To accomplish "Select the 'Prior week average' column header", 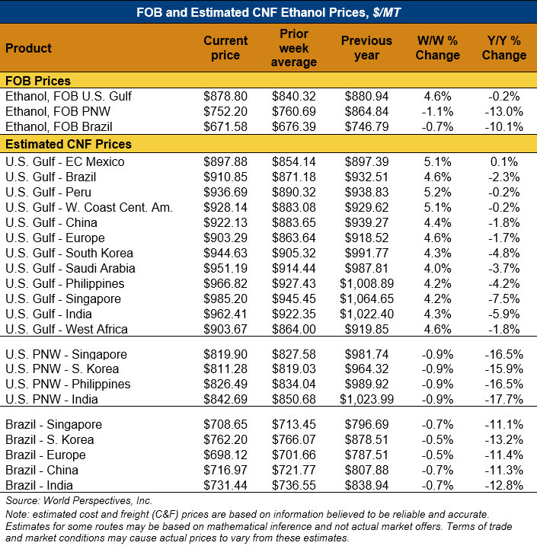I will (294, 48).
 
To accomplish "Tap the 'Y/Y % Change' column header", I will (503, 48).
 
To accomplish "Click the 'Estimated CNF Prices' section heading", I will (69, 144).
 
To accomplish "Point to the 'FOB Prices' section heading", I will (38, 81).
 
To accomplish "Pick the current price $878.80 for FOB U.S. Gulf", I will (225, 97).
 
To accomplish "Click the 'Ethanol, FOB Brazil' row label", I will (57, 127).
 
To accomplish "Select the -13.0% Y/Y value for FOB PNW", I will (504, 112).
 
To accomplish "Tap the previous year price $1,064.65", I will (366, 298).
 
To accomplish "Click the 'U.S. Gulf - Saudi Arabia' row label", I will (69, 268).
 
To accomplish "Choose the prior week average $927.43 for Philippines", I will (294, 283).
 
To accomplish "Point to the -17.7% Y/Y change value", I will (504, 400).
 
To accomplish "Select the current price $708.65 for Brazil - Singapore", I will (225, 424).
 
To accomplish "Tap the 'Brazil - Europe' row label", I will (47, 455).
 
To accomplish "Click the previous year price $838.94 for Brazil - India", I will (366, 485).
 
